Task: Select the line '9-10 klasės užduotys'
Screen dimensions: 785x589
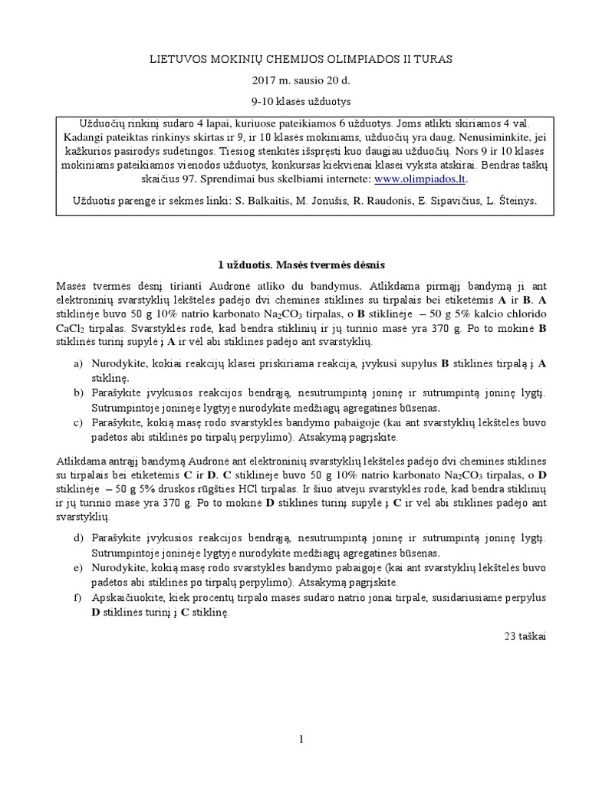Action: pyautogui.click(x=294, y=101)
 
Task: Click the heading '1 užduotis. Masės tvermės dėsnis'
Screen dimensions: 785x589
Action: pyautogui.click(x=294, y=264)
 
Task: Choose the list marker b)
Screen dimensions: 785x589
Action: pyautogui.click(x=78, y=392)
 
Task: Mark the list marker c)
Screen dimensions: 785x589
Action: pyautogui.click(x=78, y=422)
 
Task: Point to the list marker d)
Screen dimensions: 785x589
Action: pyautogui.click(x=78, y=539)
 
